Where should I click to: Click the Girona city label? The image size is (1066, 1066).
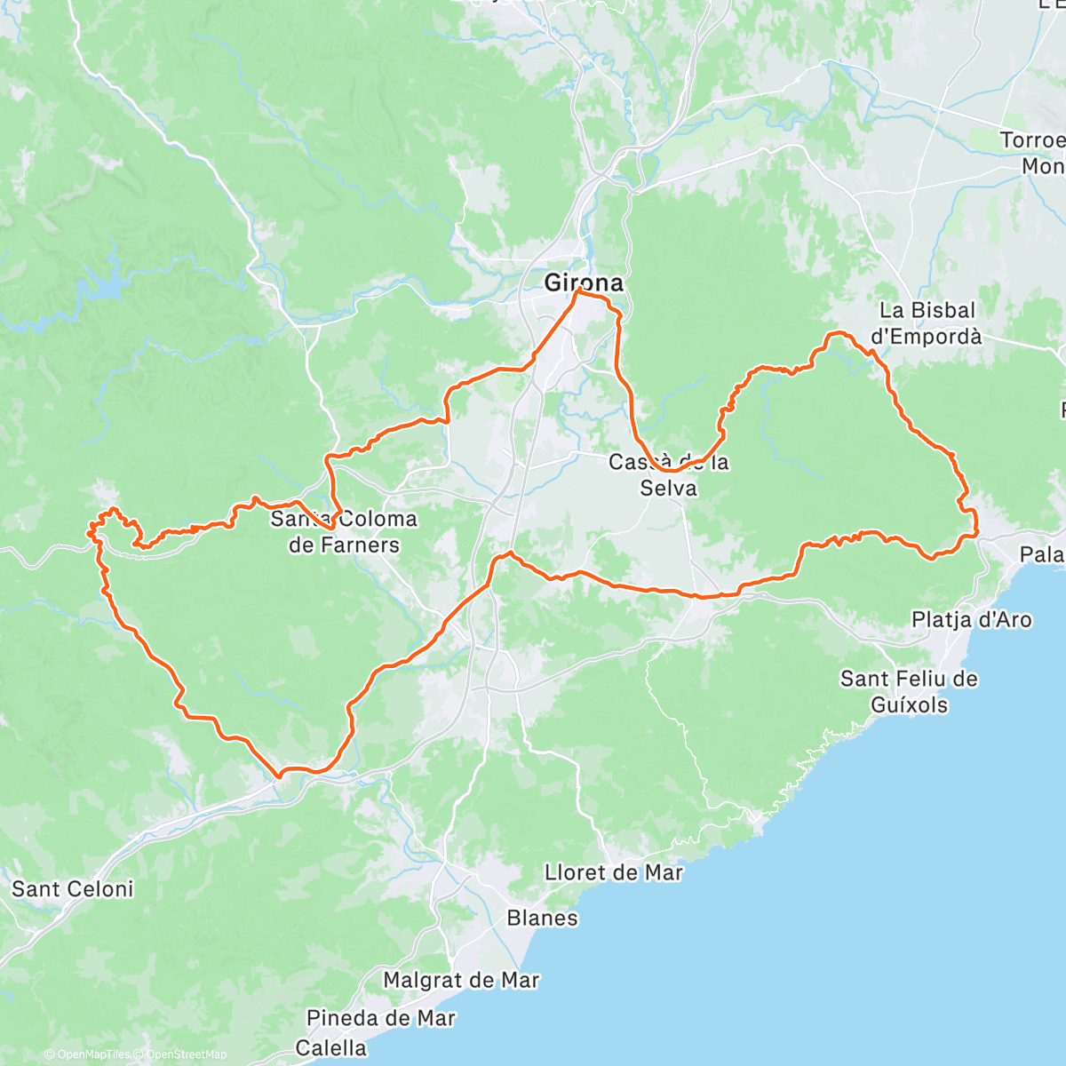point(583,283)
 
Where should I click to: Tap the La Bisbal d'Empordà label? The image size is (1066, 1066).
point(927,323)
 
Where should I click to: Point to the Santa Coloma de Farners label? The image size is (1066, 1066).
point(344,531)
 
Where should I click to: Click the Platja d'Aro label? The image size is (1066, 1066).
point(972,619)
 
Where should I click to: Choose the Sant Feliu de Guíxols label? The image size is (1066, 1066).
point(909,692)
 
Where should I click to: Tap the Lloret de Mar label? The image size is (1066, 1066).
point(614,872)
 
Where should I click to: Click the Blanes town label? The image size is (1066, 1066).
point(542,918)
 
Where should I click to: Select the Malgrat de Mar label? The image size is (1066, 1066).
point(461,981)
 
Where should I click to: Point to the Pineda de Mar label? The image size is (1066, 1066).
point(381,1018)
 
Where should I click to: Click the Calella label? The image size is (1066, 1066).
point(330,1048)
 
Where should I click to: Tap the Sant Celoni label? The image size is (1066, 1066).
point(72,889)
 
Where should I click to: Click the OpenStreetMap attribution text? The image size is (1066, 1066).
point(182,1055)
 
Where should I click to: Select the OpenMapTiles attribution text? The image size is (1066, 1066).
point(91,1055)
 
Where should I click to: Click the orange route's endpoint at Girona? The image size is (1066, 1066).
point(579,291)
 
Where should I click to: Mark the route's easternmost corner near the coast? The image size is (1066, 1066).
point(976,534)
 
